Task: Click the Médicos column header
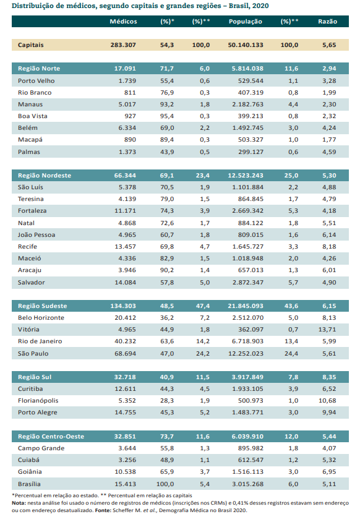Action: coord(123,21)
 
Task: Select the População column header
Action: coord(246,21)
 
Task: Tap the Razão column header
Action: coord(327,21)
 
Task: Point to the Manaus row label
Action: coord(30,104)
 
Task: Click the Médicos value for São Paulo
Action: coord(125,354)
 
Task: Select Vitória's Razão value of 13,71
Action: coord(327,330)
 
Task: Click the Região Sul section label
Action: coord(35,377)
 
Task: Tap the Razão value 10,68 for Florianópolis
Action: coord(327,401)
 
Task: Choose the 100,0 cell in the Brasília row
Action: coord(165,484)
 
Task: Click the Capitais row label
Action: coord(31,45)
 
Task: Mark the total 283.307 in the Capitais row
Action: coord(123,45)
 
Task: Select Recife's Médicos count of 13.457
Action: coord(125,247)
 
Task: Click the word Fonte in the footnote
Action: coord(103,510)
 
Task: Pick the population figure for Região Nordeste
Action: coord(246,176)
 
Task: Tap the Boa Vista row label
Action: coord(33,116)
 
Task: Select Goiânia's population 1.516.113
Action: coord(248,472)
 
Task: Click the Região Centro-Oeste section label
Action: coord(51,437)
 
